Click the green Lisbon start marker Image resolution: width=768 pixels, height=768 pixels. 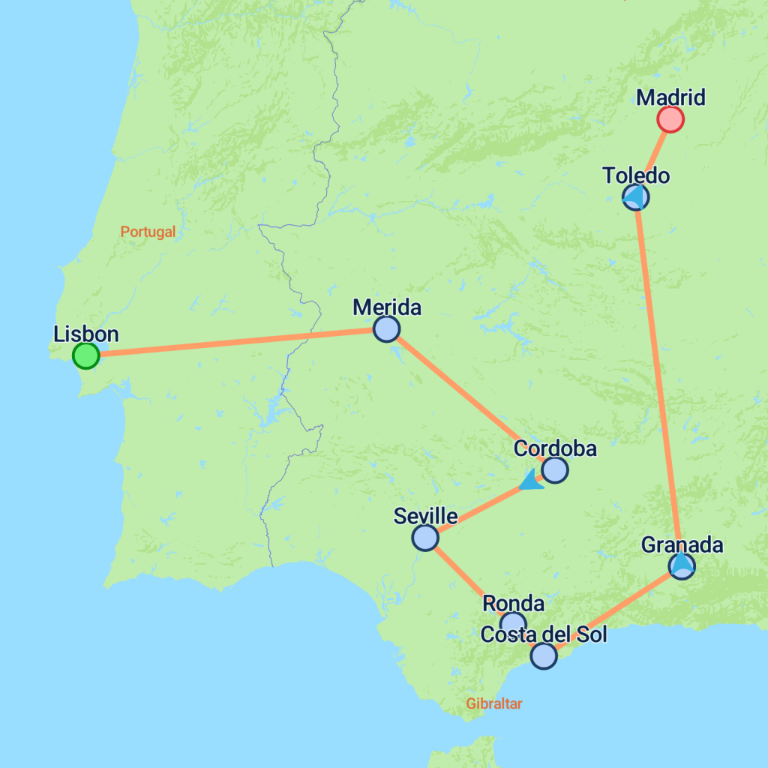point(86,355)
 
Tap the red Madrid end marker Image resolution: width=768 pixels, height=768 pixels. point(670,118)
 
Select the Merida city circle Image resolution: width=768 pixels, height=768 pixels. point(386,328)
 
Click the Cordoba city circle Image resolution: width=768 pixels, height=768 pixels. point(555,470)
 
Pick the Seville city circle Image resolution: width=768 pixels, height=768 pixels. point(425,538)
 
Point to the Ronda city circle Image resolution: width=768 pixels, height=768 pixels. point(513,623)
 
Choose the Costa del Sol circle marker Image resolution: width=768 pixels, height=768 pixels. point(544,656)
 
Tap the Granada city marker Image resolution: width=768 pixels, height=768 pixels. point(682,565)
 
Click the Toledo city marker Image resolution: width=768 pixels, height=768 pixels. point(636,197)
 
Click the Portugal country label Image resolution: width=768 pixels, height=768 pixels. point(148,232)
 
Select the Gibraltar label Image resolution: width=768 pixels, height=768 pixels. point(493,703)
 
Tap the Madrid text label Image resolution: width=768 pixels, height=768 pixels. point(670,97)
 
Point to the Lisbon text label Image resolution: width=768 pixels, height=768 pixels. point(86,334)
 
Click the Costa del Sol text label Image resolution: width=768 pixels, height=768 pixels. point(543,634)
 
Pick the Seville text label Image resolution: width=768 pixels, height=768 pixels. point(425,516)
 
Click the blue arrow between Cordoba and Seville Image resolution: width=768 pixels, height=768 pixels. point(532,480)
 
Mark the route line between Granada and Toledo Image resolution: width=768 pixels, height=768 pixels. point(658,375)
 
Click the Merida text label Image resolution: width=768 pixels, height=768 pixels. point(386,307)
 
